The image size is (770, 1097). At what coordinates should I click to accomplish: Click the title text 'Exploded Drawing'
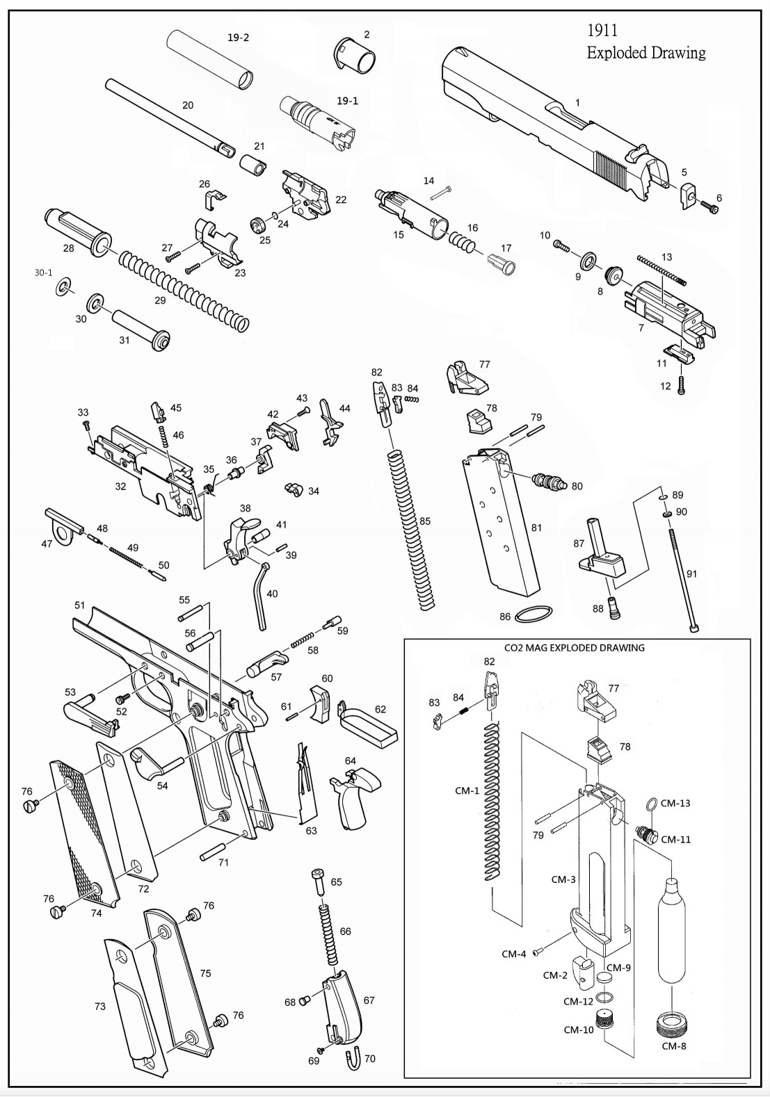point(645,53)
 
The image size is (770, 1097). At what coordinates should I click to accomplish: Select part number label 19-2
point(238,38)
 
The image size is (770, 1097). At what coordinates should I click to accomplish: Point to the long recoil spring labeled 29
point(183,290)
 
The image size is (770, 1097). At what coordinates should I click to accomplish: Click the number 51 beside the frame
point(80,606)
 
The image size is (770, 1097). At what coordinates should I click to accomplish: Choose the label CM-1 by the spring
point(467,790)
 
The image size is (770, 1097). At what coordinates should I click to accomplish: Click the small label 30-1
point(43,273)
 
